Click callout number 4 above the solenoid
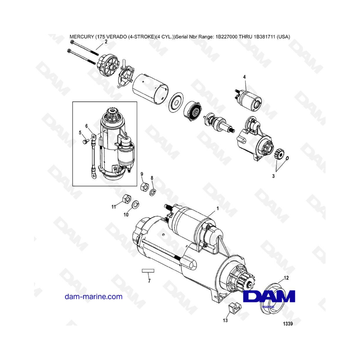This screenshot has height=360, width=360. tap(244, 77)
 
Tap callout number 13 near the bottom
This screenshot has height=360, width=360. tap(225, 320)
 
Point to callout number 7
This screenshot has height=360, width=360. tap(149, 281)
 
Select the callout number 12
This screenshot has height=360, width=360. tap(286, 278)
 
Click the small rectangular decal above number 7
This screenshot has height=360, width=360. tap(148, 271)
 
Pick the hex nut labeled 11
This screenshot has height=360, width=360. tap(126, 199)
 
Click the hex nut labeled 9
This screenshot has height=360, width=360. tap(145, 185)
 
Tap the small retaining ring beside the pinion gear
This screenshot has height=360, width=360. tap(287, 158)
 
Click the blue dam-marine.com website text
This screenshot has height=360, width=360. tap(94, 297)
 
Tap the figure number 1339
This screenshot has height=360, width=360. tap(288, 324)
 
